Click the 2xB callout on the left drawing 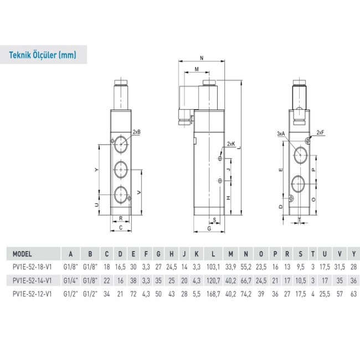[137, 132]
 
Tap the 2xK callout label [231, 145]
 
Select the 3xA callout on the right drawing [280, 133]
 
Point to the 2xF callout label [320, 132]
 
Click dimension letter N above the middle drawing [201, 58]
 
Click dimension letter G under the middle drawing [209, 228]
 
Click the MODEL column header [22, 254]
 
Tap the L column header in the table [213, 254]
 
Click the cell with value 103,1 [213, 266]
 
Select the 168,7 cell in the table [213, 292]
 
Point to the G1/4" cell [70, 280]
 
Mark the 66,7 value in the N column [245, 280]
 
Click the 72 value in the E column [133, 292]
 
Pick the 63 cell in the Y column [353, 292]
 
